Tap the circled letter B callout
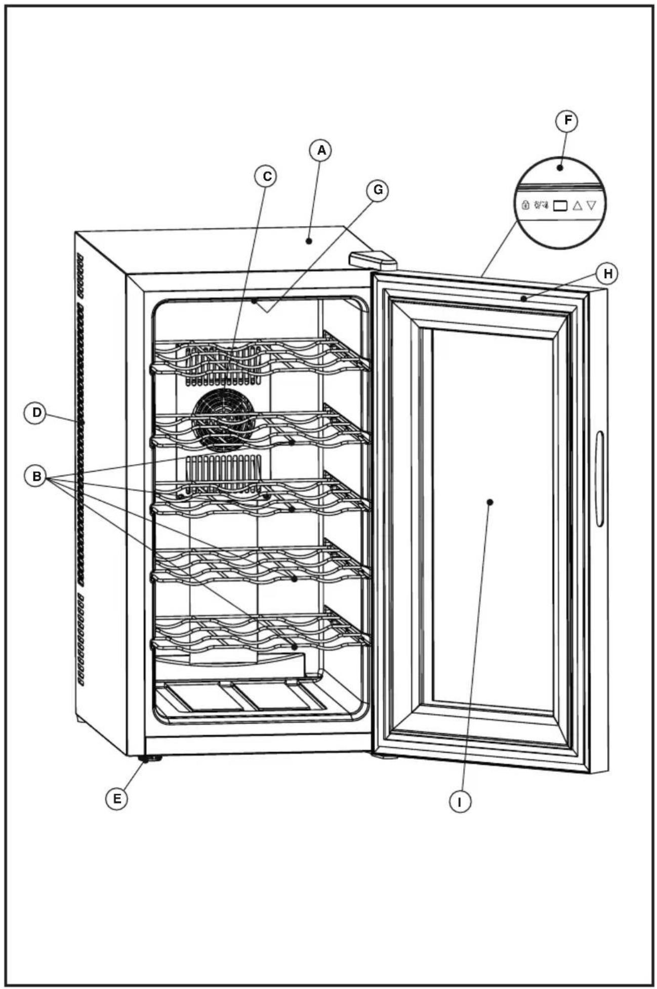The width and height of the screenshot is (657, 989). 36,476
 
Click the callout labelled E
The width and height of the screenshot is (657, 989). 117,799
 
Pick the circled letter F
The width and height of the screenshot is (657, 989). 567,121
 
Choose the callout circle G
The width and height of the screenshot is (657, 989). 378,190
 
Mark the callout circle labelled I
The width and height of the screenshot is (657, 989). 460,802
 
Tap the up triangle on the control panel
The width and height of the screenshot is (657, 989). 578,205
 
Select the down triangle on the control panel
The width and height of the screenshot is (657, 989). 591,205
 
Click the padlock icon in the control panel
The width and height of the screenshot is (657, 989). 525,205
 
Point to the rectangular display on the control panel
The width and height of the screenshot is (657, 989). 560,205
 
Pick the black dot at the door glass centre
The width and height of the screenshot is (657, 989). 490,502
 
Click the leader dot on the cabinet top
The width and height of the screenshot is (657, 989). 308,241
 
